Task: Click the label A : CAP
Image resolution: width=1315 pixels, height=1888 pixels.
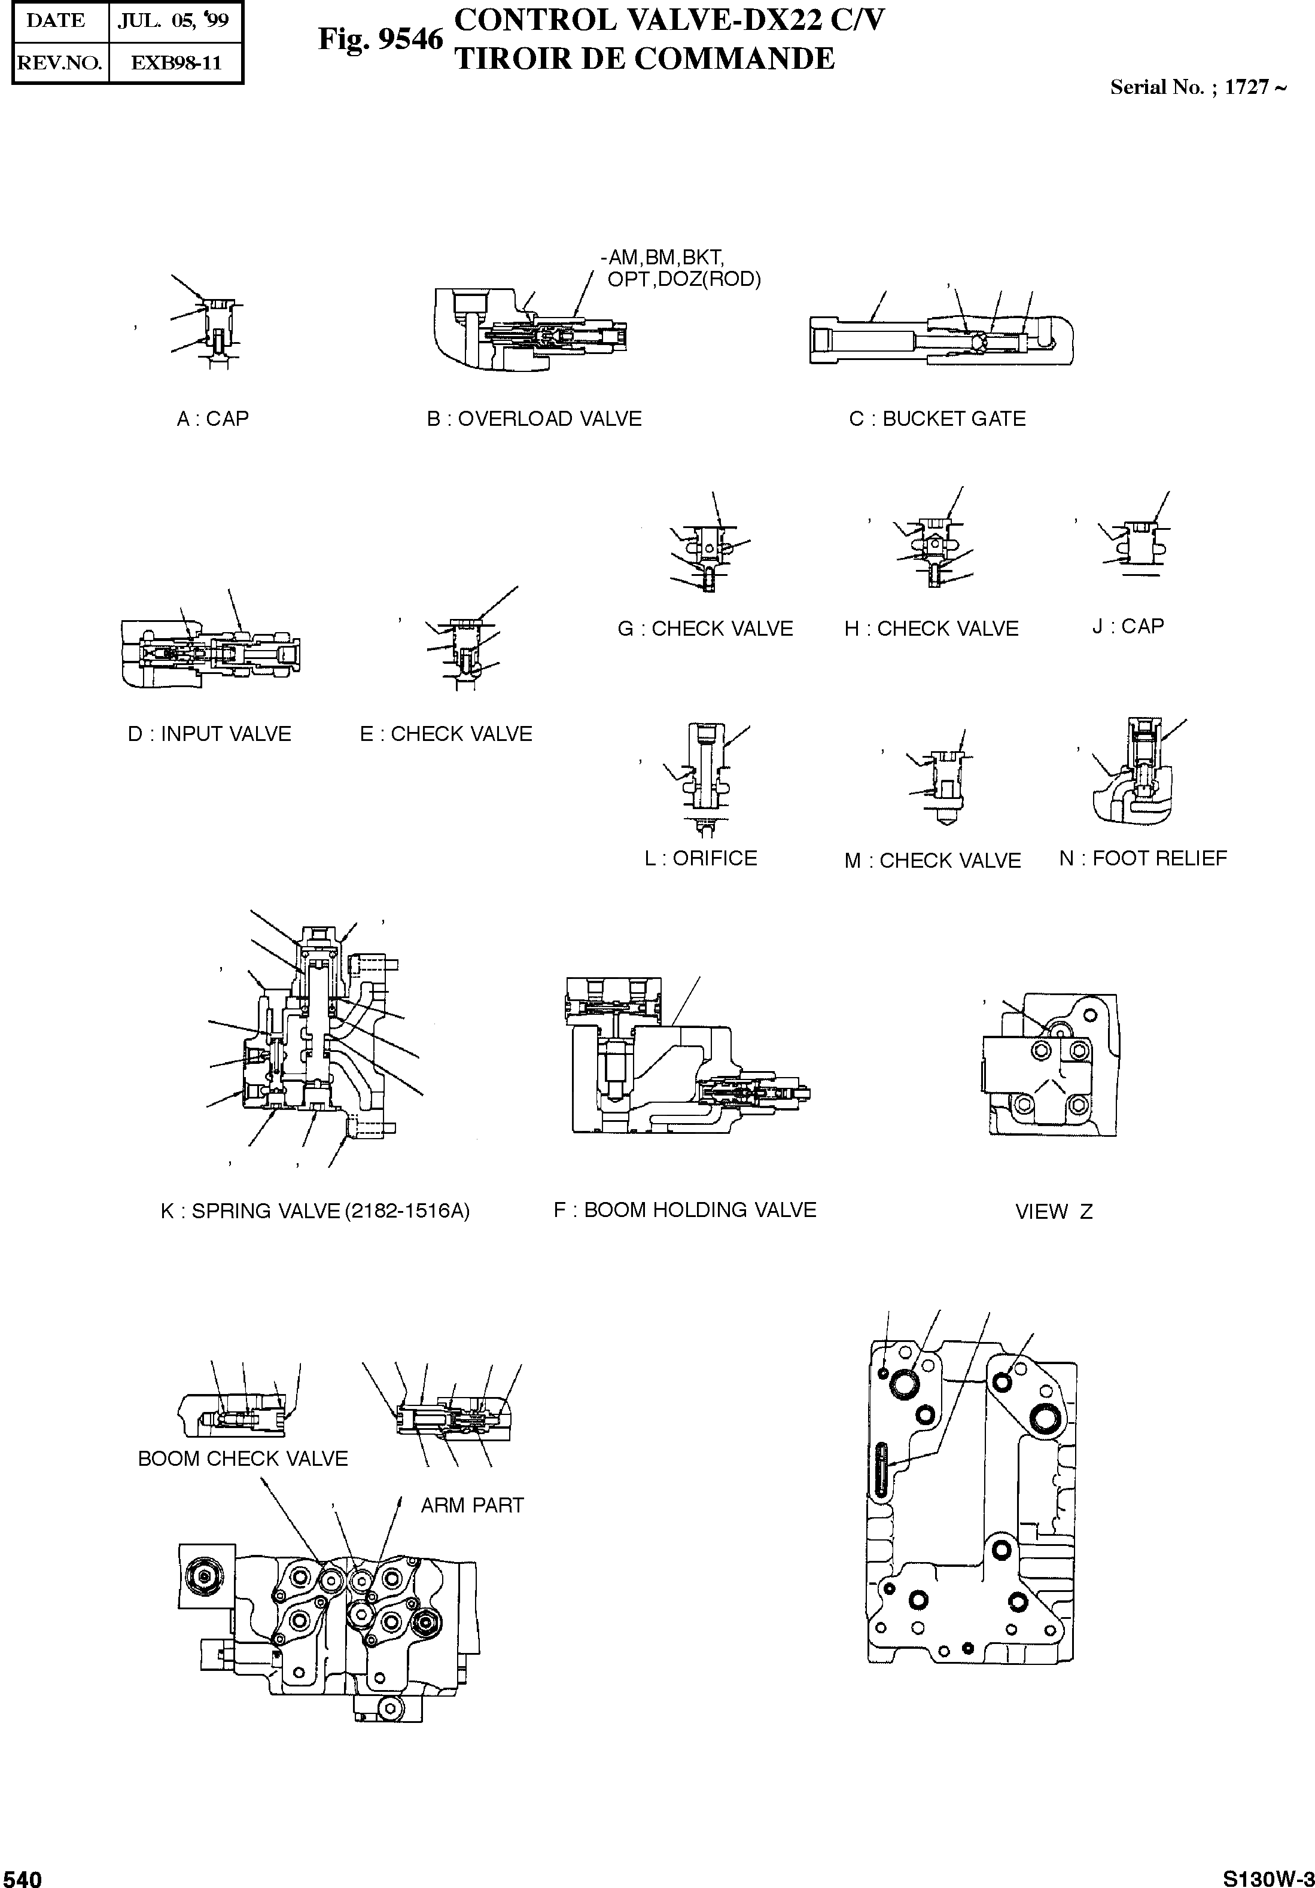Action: [x=212, y=419]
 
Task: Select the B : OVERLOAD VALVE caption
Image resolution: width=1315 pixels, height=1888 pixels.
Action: [x=534, y=419]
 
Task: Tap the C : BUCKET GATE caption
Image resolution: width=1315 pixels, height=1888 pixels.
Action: [x=937, y=419]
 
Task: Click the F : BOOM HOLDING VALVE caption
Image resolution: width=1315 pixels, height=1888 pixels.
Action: [x=684, y=1210]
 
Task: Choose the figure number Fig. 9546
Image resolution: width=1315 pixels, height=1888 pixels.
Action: [x=380, y=39]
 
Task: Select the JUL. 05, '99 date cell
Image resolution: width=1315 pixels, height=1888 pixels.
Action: [x=173, y=22]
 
